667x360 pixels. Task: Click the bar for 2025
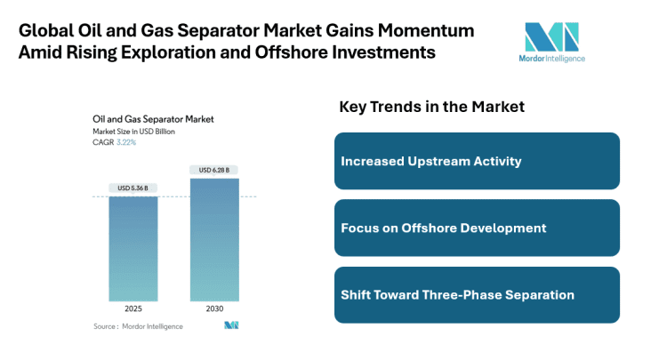pos(133,248)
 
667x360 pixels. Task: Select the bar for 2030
pos(214,239)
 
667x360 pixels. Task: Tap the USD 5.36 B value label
pos(133,188)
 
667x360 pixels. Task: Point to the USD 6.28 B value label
pos(214,170)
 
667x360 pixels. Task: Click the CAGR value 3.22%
pos(125,141)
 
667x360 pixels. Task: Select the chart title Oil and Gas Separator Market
pos(152,118)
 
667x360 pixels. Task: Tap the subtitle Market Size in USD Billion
pos(133,131)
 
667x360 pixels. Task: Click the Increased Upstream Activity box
pos(477,161)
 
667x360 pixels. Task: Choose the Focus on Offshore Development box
pos(477,228)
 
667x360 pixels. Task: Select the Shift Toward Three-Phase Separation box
pos(477,294)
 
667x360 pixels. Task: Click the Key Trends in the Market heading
pos(431,107)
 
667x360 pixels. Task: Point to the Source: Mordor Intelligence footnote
pos(138,326)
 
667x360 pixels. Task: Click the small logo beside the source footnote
pos(231,326)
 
